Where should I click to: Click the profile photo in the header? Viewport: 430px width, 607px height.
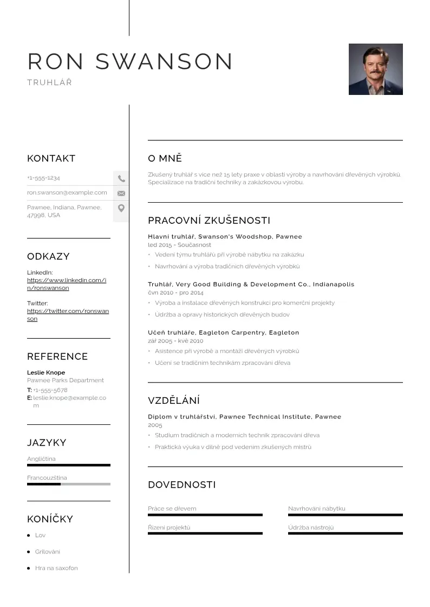[375, 69]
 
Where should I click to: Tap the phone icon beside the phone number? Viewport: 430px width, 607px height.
[121, 178]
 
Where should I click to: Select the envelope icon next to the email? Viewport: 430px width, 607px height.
[121, 193]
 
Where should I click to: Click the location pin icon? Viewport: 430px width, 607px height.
[121, 208]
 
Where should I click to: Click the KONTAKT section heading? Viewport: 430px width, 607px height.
[51, 159]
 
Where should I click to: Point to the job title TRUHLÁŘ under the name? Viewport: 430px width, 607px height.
[49, 83]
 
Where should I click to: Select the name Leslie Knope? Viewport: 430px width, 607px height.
[46, 372]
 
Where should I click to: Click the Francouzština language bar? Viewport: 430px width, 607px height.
[68, 484]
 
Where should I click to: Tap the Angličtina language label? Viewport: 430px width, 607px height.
[41, 459]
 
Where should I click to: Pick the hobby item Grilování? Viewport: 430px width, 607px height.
[48, 552]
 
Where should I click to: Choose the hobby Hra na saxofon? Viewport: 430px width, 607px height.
[56, 568]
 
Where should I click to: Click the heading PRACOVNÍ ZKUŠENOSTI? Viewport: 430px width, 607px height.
[209, 221]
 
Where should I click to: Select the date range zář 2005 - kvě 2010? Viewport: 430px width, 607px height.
[175, 341]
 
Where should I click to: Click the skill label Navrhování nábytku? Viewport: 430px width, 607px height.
[316, 508]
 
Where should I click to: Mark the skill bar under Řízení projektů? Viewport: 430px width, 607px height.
[205, 533]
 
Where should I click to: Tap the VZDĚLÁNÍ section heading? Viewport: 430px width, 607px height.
[174, 401]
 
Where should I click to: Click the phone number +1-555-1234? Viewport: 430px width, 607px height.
[43, 178]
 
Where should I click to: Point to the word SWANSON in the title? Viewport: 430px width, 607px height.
[164, 62]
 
